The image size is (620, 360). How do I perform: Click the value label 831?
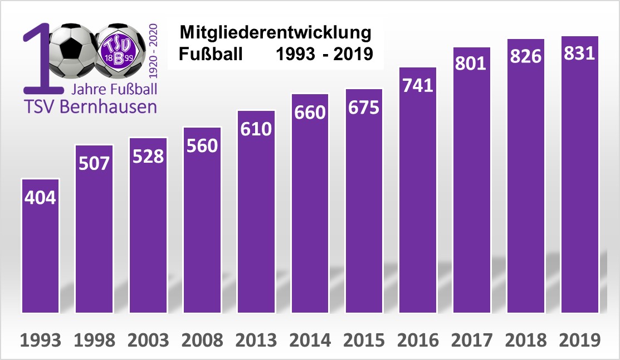click(x=579, y=53)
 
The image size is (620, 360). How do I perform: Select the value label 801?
click(x=471, y=63)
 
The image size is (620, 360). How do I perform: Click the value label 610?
click(x=256, y=129)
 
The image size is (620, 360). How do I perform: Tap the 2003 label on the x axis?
click(x=148, y=340)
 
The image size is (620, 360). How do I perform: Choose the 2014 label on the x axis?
click(x=310, y=340)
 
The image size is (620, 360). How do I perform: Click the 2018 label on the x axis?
click(x=525, y=340)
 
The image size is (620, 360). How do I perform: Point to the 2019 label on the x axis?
click(x=579, y=340)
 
